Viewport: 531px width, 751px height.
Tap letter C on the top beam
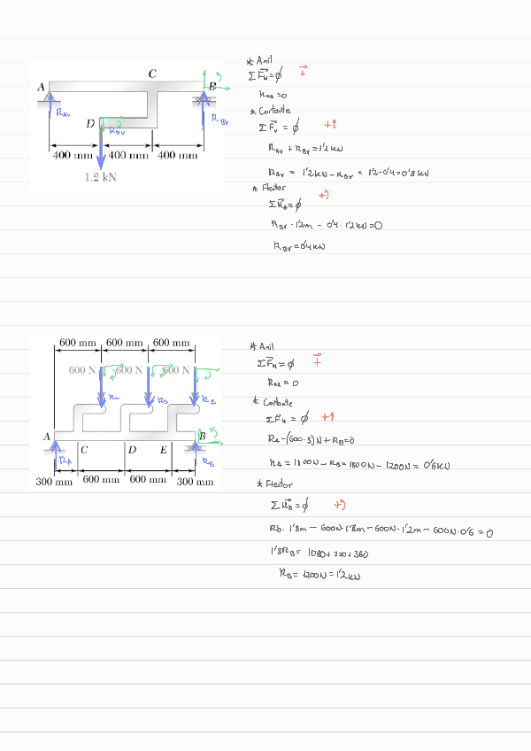point(152,74)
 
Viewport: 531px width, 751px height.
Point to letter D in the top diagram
point(90,124)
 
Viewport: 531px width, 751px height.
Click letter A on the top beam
point(41,86)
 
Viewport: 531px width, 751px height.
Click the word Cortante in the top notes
point(276,111)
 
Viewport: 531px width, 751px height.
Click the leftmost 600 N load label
point(81,369)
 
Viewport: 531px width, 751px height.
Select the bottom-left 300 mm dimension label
point(53,483)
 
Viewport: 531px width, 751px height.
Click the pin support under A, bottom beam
point(54,446)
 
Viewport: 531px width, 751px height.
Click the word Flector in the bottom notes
point(278,484)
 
